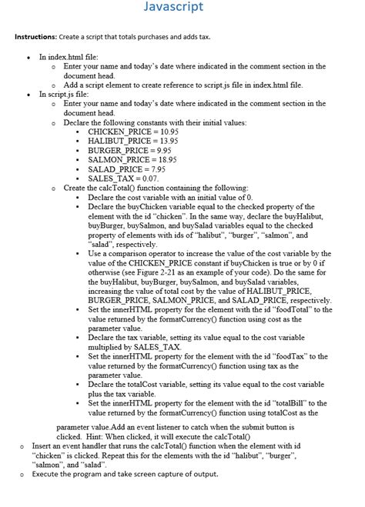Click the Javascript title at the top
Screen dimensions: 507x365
pos(182,8)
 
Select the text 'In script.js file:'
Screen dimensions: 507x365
pos(69,94)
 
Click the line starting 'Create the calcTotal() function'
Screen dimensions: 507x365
pos(156,188)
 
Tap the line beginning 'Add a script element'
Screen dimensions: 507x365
pos(183,85)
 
